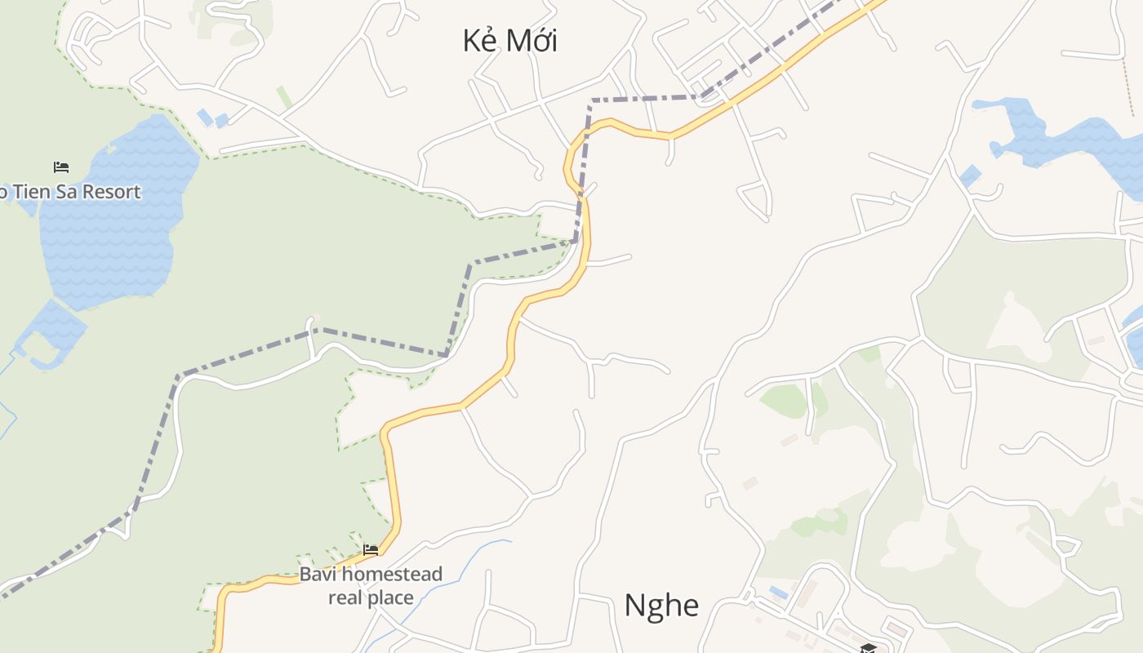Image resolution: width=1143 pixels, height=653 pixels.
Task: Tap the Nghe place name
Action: tap(661, 606)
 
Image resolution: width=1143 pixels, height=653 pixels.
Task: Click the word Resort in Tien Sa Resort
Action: tap(111, 192)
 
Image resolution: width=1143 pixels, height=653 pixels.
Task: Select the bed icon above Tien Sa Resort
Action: tap(61, 167)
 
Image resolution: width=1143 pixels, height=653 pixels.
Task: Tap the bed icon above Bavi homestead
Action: tap(371, 550)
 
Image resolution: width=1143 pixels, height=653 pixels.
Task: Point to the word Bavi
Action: tap(317, 574)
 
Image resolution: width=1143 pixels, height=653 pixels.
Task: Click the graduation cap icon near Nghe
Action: tap(868, 648)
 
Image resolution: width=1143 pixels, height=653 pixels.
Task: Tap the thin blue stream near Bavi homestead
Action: tap(457, 571)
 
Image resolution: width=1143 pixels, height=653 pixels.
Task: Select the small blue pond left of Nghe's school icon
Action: tap(778, 591)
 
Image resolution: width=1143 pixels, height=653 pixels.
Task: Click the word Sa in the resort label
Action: tap(64, 192)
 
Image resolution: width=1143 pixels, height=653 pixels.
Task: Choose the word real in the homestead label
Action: tap(345, 597)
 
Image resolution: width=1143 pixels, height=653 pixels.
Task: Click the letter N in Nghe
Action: tap(634, 606)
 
